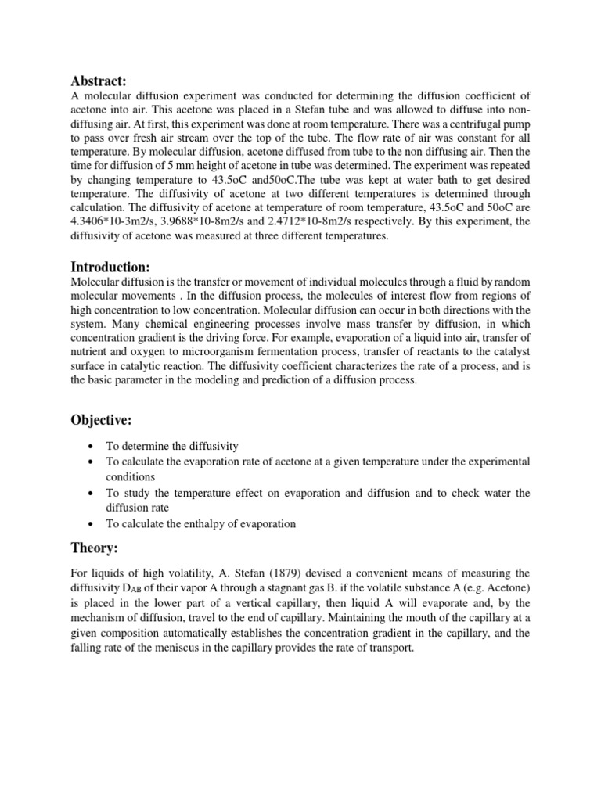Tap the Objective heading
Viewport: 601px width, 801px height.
click(103, 421)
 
